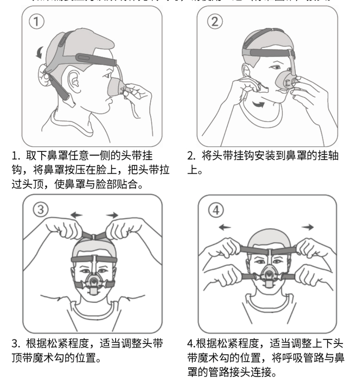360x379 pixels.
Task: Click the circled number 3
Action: click(42, 209)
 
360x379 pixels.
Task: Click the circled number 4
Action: click(217, 210)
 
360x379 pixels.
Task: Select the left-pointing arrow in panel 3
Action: click(76, 215)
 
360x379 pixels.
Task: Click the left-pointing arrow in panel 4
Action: click(224, 227)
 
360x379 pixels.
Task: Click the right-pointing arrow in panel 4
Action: click(309, 227)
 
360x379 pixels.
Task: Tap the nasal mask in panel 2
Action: click(287, 81)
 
